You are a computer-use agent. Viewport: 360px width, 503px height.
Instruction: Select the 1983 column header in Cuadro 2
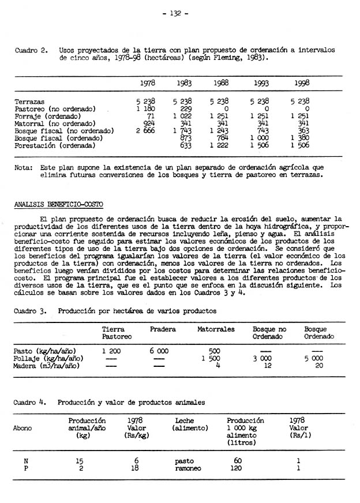coord(184,83)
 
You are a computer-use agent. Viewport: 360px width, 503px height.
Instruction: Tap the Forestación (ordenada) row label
coord(54,146)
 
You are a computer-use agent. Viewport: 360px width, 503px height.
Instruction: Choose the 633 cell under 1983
coord(185,146)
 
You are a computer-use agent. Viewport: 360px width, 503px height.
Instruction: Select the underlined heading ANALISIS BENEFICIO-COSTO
coord(54,204)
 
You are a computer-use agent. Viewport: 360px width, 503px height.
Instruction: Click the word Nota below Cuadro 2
coord(24,167)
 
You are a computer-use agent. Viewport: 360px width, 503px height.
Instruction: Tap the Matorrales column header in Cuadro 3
coord(216,329)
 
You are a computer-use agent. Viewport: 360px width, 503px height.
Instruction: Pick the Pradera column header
coord(163,329)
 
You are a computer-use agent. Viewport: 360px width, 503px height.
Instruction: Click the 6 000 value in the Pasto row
coord(159,351)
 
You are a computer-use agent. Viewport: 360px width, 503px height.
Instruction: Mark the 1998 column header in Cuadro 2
coord(302,83)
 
